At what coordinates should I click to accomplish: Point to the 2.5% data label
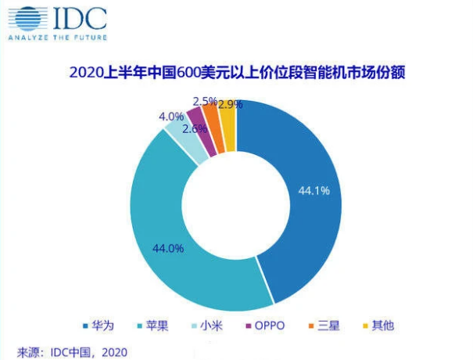205,102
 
